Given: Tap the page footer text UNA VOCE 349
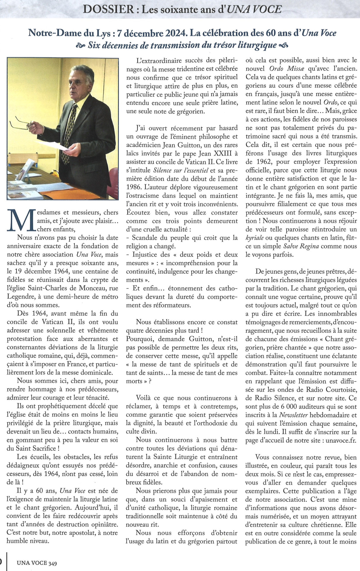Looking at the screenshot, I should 37,563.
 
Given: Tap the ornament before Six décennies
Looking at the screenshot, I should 80,46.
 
